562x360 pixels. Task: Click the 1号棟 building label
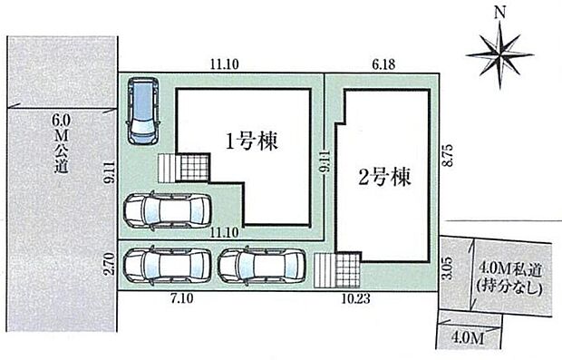[x=252, y=141]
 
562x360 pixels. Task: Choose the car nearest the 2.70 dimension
[x=165, y=266]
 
